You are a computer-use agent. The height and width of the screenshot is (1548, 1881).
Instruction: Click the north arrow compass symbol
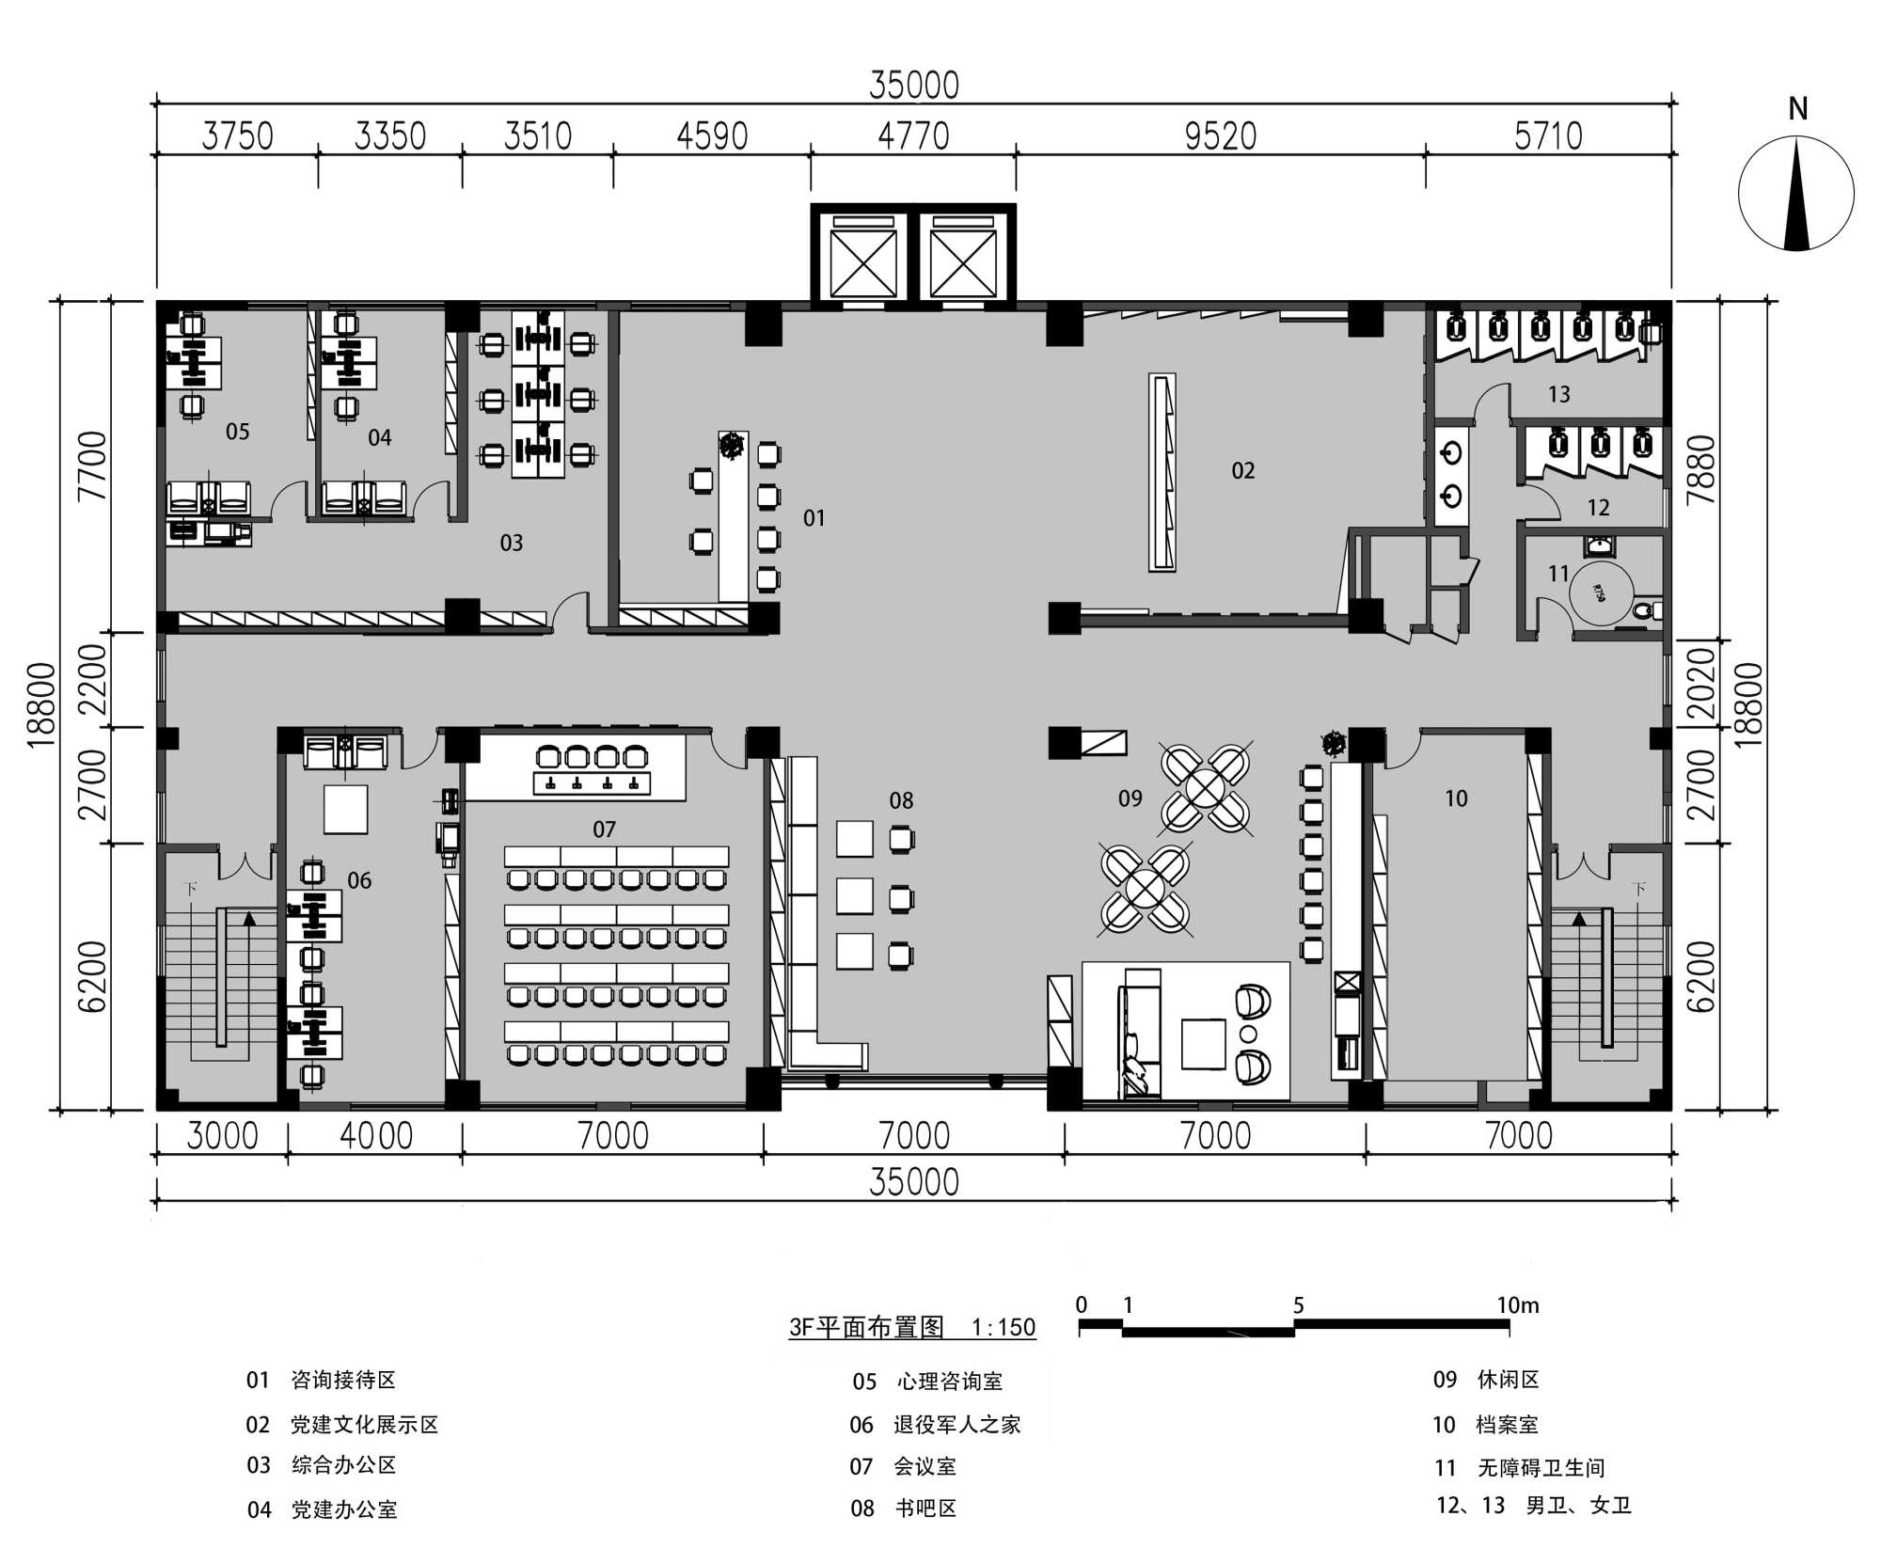point(1795,194)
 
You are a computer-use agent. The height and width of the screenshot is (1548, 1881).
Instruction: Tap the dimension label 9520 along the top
point(1221,137)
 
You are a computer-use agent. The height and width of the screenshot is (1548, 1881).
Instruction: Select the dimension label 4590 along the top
point(712,137)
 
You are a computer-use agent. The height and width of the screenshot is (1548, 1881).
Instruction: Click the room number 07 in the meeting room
point(604,829)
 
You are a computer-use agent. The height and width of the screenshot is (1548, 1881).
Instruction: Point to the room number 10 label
point(1456,798)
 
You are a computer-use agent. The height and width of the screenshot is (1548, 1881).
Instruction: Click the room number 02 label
point(1243,470)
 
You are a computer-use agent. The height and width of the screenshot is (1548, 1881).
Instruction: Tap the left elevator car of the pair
point(863,257)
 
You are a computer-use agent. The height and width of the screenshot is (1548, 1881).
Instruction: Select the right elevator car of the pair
point(963,257)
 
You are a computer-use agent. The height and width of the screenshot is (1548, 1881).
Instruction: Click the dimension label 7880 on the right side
point(1702,469)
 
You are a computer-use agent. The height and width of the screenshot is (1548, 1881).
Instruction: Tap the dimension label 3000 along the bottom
point(222,1136)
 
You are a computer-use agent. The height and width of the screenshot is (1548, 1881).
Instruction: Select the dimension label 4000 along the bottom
point(376,1136)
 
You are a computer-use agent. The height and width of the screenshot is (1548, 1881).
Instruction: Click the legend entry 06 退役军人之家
point(936,1425)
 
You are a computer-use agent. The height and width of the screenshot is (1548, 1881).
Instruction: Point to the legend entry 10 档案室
point(1485,1425)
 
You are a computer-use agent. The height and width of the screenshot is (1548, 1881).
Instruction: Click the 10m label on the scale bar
point(1518,1305)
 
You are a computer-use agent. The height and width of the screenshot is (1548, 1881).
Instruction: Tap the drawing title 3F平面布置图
point(866,1327)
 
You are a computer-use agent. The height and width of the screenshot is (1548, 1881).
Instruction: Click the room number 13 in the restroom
point(1558,394)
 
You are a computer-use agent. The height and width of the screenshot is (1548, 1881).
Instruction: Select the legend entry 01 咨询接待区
point(321,1380)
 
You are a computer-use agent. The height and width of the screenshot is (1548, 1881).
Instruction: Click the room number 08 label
point(901,800)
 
